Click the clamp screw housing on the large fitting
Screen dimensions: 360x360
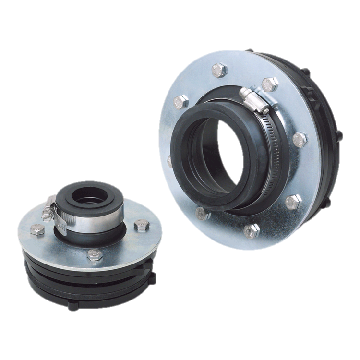tap(253, 98)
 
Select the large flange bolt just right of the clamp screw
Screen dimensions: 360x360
tap(269, 84)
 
